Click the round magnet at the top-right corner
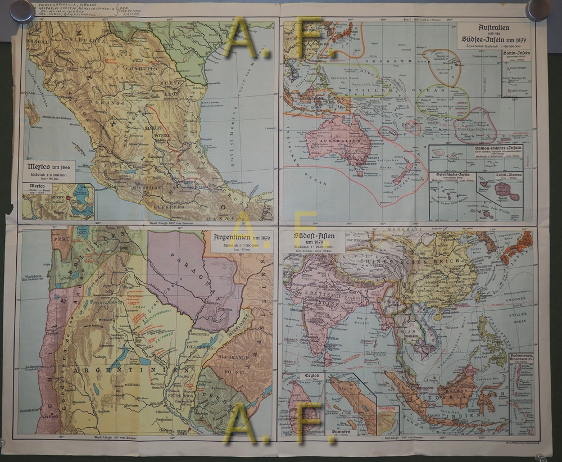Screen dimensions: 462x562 tap(538, 8)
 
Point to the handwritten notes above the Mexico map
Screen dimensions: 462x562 tap(84, 10)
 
